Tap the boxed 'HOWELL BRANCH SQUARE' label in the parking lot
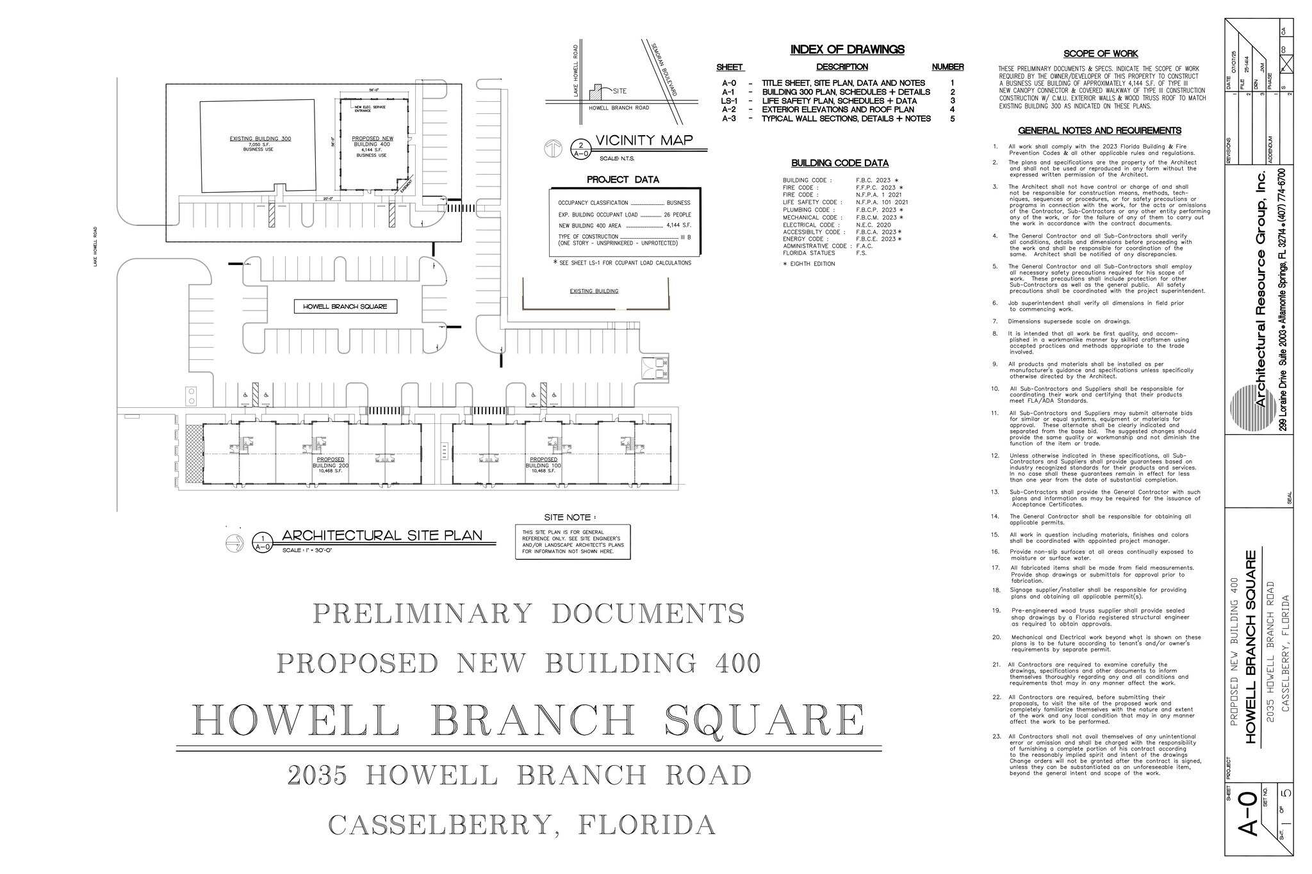click(345, 307)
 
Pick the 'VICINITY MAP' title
click(644, 141)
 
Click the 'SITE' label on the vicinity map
click(619, 91)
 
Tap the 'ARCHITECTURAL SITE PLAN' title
click(382, 536)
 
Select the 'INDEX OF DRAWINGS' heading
click(847, 49)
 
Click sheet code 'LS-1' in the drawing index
click(730, 101)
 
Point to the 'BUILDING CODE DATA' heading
click(840, 163)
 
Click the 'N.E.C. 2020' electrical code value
click(873, 225)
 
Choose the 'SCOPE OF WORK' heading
click(1101, 54)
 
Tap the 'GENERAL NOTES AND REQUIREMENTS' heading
click(1099, 131)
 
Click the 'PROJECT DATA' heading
click(623, 180)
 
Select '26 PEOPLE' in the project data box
click(677, 214)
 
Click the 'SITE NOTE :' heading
click(570, 517)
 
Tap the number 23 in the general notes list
click(997, 736)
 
